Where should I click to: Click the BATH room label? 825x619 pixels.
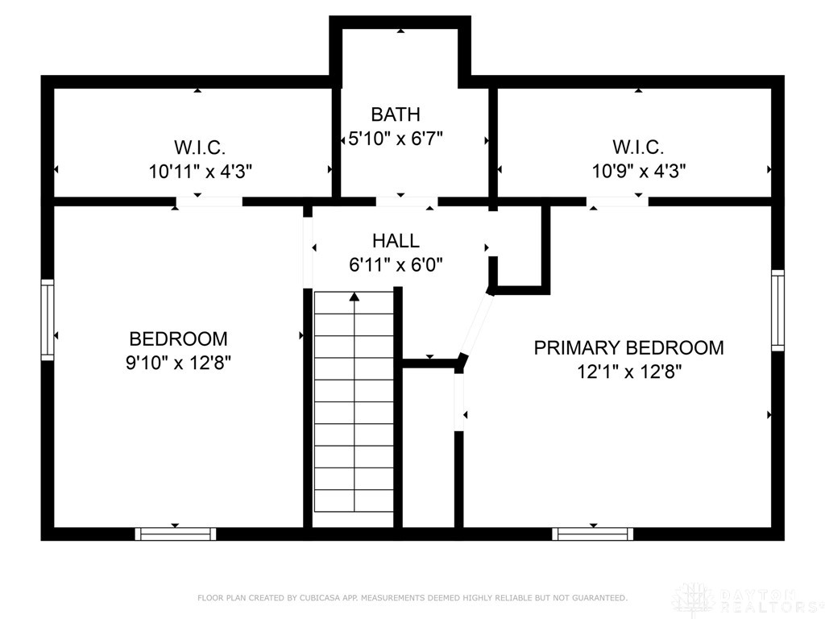pos(396,114)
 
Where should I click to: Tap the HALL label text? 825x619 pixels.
pos(396,240)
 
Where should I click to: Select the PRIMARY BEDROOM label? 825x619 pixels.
pos(628,347)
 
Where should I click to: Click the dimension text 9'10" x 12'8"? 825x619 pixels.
pos(178,363)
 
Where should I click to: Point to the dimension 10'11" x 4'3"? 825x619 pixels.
pos(201,172)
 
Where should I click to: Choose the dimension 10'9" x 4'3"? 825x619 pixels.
pos(639,171)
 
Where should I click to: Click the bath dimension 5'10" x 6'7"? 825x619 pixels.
pos(396,139)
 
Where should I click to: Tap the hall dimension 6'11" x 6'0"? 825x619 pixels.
pos(396,264)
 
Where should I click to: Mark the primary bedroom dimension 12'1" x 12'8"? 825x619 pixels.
pos(629,372)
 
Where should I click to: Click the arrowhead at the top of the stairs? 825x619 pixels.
pos(354,297)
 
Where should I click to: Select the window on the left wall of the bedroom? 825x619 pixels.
pos(48,320)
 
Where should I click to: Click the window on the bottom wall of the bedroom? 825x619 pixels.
pos(176,534)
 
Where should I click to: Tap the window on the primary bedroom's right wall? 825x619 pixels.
pos(777,310)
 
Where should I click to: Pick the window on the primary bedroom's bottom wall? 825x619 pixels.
pos(592,534)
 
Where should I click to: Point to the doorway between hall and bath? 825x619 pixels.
pos(407,201)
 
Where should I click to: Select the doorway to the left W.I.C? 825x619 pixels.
pos(209,201)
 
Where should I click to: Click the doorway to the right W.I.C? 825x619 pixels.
pos(617,201)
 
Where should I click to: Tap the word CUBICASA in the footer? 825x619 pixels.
pos(320,598)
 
